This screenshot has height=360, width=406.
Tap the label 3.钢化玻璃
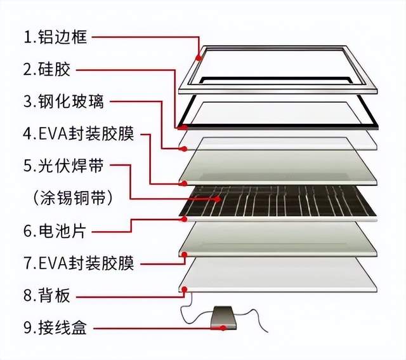pyautogui.click(x=63, y=102)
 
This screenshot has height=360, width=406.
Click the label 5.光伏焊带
pyautogui.click(x=63, y=166)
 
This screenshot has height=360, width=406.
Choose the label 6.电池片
pyautogui.click(x=54, y=230)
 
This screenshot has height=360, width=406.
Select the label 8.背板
pyautogui.click(x=47, y=296)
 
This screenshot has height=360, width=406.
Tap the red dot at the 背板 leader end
pyautogui.click(x=186, y=290)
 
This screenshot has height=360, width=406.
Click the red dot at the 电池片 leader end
pyautogui.click(x=183, y=219)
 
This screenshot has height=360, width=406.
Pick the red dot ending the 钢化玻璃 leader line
pyautogui.click(x=183, y=149)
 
